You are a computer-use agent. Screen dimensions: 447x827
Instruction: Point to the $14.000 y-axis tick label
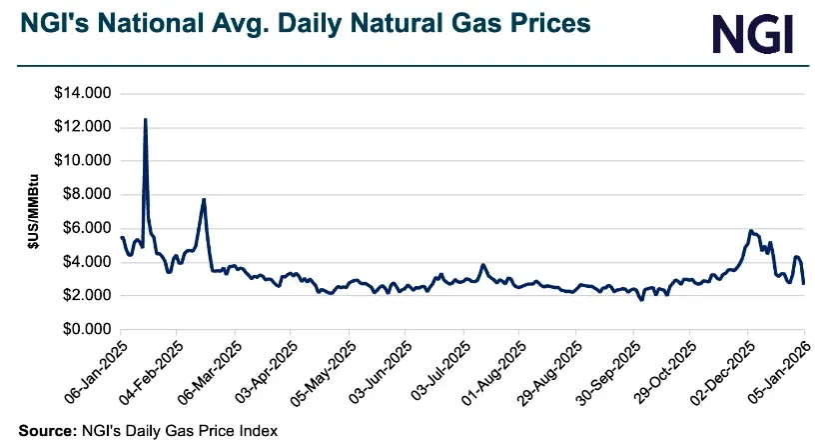click(x=84, y=94)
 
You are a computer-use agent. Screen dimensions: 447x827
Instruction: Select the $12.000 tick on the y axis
click(x=84, y=127)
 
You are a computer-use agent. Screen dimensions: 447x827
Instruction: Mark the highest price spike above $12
click(x=146, y=119)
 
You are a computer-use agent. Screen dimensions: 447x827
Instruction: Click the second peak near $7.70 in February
click(x=204, y=199)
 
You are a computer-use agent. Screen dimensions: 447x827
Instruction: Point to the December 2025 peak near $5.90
click(x=750, y=230)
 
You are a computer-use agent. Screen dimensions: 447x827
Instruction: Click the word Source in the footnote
click(x=40, y=430)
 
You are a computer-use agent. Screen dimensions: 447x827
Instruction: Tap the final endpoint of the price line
click(x=804, y=284)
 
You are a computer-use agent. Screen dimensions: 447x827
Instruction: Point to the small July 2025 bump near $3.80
click(x=482, y=265)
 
